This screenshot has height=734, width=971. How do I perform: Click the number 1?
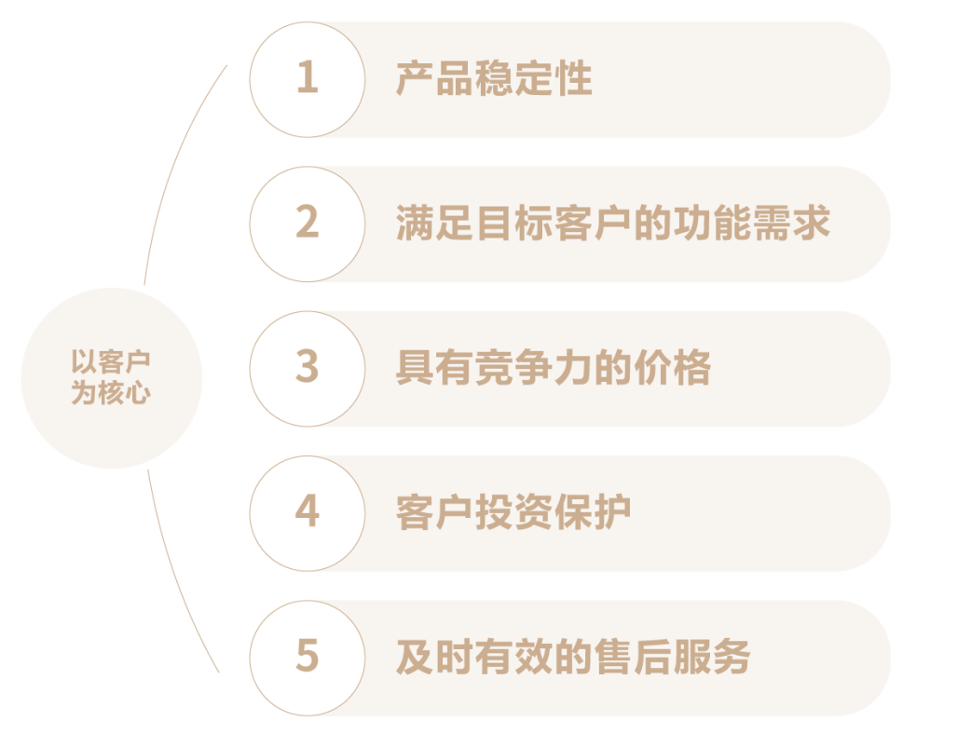[308, 77]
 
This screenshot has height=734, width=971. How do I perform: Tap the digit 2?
[308, 223]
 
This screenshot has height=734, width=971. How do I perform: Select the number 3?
[308, 367]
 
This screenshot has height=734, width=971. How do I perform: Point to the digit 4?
[308, 511]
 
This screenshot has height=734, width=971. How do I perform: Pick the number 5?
[308, 656]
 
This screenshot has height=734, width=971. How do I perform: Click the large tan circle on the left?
[112, 377]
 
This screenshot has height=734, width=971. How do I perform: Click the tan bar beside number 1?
[606, 79]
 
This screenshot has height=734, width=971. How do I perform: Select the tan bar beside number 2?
[606, 224]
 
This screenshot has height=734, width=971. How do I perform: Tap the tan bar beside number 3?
[606, 369]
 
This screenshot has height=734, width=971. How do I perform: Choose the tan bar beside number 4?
[606, 513]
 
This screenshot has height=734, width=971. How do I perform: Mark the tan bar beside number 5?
[606, 658]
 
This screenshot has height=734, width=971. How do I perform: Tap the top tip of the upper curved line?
[226, 65]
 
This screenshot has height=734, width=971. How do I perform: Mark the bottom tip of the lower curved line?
[219, 672]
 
